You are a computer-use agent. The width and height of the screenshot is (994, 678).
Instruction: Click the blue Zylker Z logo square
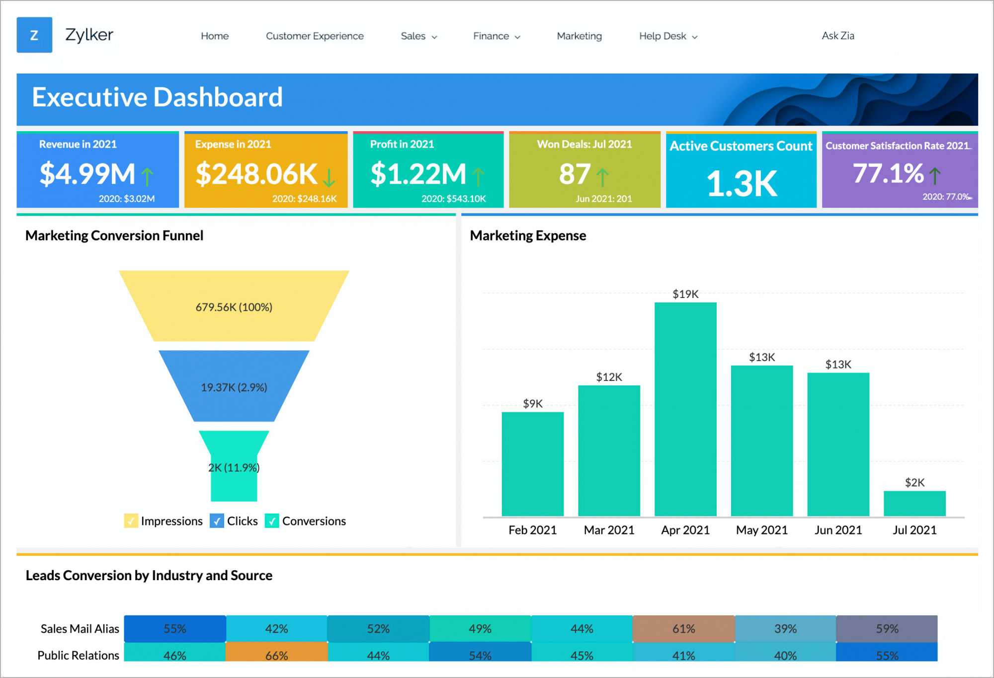click(x=34, y=35)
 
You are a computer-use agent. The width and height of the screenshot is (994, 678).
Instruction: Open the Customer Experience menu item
click(x=315, y=36)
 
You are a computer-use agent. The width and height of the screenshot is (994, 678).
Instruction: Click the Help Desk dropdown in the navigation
click(x=668, y=36)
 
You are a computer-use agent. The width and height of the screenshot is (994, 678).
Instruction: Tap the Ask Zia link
click(x=838, y=36)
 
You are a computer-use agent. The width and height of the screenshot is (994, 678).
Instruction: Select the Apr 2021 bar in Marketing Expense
click(x=685, y=409)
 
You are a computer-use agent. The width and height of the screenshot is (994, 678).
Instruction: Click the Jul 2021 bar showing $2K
click(x=914, y=504)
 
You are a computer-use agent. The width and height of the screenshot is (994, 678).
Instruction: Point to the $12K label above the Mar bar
click(x=609, y=377)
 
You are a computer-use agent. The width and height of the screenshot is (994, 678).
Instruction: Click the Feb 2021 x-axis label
click(x=532, y=530)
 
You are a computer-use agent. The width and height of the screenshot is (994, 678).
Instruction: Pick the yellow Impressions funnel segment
click(x=234, y=306)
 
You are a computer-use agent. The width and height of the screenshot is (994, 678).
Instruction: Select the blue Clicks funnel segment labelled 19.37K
click(x=234, y=387)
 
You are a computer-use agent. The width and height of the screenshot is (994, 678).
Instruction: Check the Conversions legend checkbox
click(x=272, y=521)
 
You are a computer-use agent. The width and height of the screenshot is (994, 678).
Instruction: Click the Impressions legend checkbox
click(x=131, y=521)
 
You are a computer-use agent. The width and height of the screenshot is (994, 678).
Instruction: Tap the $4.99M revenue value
click(x=87, y=174)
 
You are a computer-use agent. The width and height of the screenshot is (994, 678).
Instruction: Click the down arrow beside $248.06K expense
click(x=329, y=177)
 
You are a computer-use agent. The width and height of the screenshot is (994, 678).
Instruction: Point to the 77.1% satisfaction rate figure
click(x=888, y=173)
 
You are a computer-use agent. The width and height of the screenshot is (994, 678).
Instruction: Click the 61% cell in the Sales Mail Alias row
click(x=683, y=629)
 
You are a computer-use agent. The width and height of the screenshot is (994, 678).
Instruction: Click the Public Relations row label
click(x=78, y=655)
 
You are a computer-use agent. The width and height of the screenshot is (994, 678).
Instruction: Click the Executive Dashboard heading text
click(x=157, y=97)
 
